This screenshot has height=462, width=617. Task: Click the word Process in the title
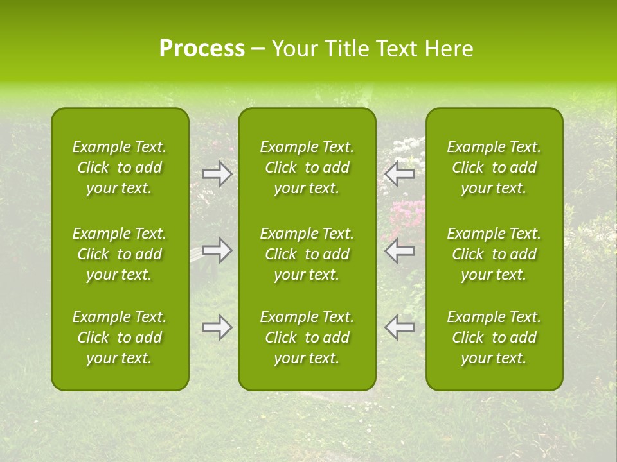coord(202,49)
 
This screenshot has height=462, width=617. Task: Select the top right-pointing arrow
coord(217,173)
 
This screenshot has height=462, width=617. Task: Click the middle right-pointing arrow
coord(217,250)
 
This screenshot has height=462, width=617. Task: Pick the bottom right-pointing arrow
coord(217,327)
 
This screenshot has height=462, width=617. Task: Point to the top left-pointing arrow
coord(399,173)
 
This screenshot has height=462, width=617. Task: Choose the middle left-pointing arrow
coord(399,250)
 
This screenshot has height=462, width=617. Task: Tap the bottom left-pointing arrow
coord(399,327)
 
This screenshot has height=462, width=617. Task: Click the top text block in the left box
coord(120,167)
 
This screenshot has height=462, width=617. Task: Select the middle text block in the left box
coord(120,254)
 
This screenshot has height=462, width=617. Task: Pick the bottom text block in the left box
coord(120,338)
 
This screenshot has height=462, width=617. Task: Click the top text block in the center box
coord(307,167)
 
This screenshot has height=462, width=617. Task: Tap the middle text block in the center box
coord(307,254)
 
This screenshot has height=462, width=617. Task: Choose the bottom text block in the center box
coord(307,338)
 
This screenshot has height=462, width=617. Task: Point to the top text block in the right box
coord(494,167)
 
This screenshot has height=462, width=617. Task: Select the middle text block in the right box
coord(494,254)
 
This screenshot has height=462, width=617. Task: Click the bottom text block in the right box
coord(494,338)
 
